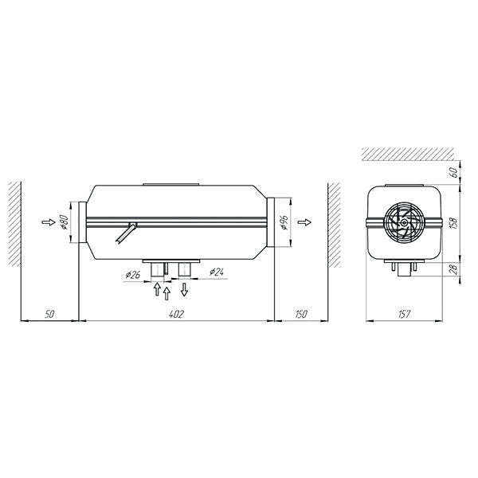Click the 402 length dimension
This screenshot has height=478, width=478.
[176, 315]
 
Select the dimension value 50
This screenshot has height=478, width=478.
[50, 315]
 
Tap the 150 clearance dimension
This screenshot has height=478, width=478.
[300, 315]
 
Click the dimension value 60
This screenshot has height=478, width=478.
[453, 172]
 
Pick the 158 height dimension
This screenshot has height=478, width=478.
[453, 223]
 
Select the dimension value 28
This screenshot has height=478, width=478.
[453, 268]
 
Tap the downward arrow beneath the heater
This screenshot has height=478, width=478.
[185, 288]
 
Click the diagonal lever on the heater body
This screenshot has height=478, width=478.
[124, 235]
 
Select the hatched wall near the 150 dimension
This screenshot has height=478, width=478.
[335, 222]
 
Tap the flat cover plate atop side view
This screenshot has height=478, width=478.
[170, 185]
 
